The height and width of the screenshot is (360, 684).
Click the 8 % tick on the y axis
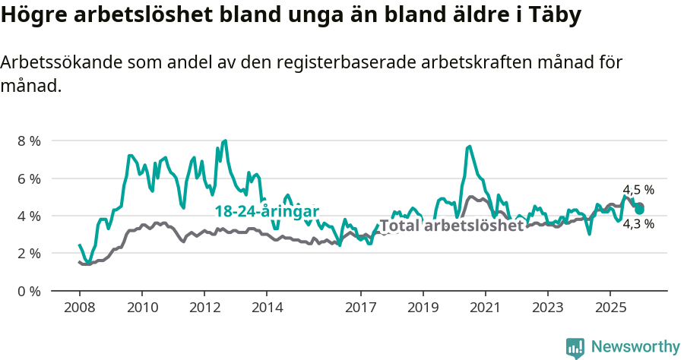(x=28, y=141)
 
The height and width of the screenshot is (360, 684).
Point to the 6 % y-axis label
(x=28, y=178)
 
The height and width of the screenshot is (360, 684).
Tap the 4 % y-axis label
(x=28, y=216)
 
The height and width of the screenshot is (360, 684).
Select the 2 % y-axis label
(x=28, y=253)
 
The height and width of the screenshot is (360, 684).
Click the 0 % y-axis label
(x=28, y=291)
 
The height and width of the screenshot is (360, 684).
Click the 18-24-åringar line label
(x=266, y=211)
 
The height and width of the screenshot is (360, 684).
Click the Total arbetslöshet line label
(x=451, y=226)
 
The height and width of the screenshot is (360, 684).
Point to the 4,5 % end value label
(x=638, y=191)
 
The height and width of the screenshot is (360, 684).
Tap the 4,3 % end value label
(x=638, y=224)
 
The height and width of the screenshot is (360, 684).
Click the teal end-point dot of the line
(x=639, y=209)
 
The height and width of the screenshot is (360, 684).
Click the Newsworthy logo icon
(x=575, y=348)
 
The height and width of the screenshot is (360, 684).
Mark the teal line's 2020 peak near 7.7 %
(x=470, y=147)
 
